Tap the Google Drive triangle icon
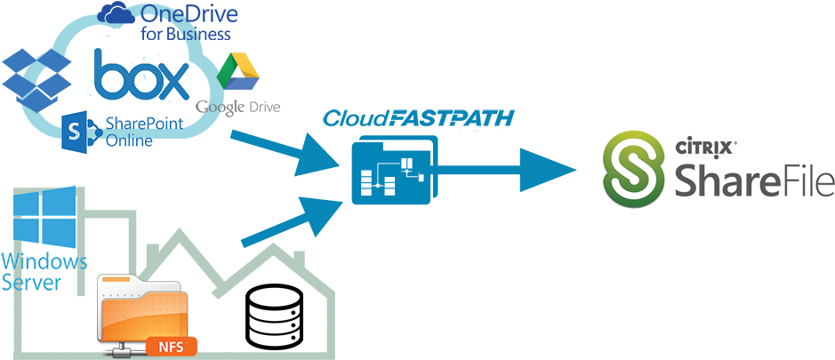coord(237,74)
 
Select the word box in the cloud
coord(142,78)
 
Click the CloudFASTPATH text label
coord(419,118)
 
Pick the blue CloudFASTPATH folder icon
coord(391,172)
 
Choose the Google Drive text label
coord(238,107)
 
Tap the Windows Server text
coord(43,272)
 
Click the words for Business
coord(186,34)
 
